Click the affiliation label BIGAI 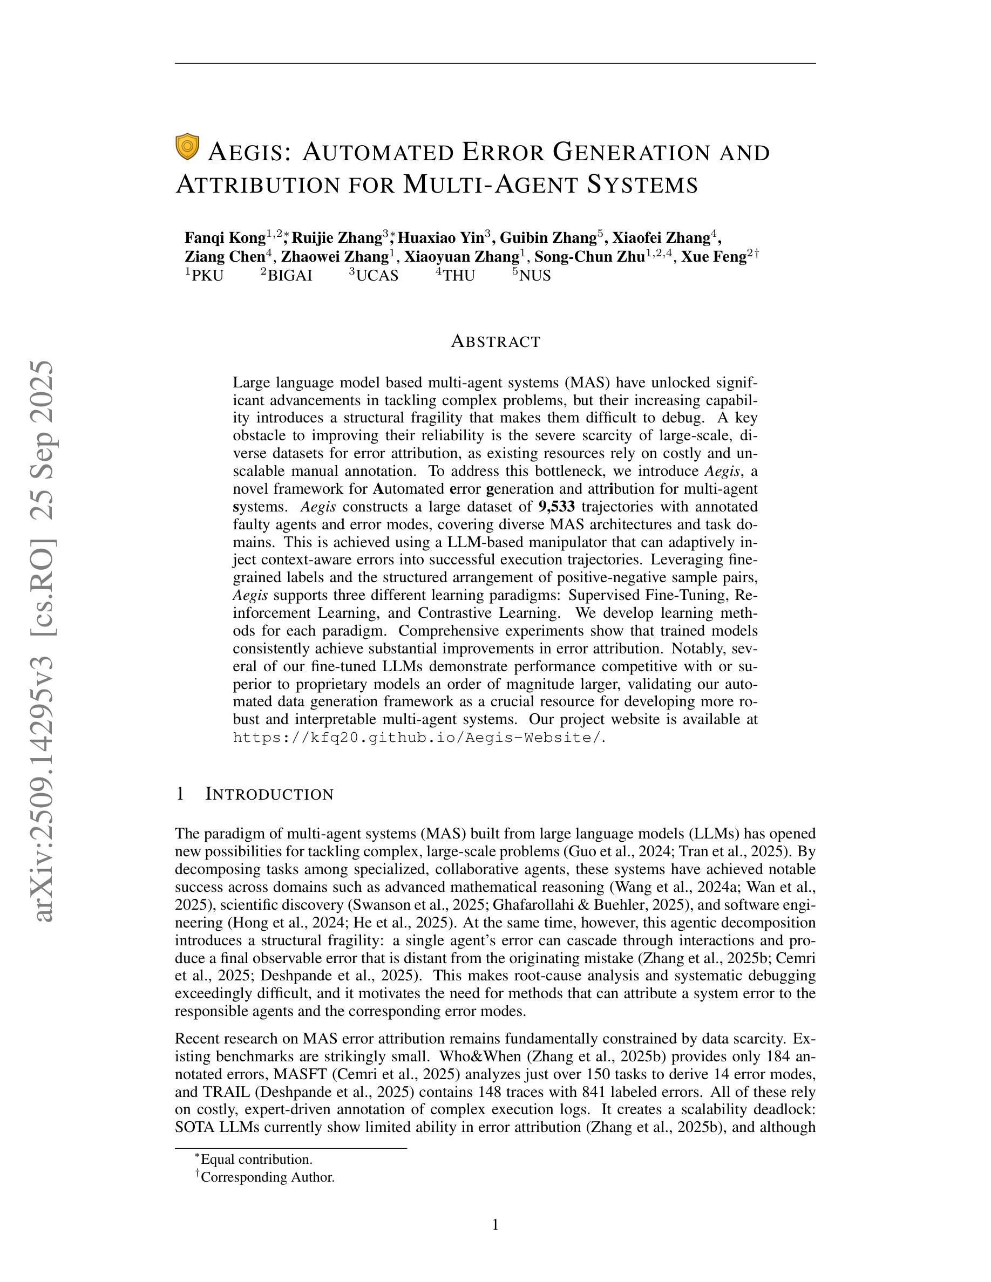pyautogui.click(x=289, y=275)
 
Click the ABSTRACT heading pyautogui.click(x=495, y=342)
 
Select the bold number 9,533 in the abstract pyautogui.click(x=556, y=507)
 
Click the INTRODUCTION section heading pyautogui.click(x=269, y=794)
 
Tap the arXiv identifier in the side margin pyautogui.click(x=45, y=640)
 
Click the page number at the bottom pyautogui.click(x=495, y=1224)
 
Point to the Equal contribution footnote pyautogui.click(x=256, y=1160)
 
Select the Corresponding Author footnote pyautogui.click(x=267, y=1177)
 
